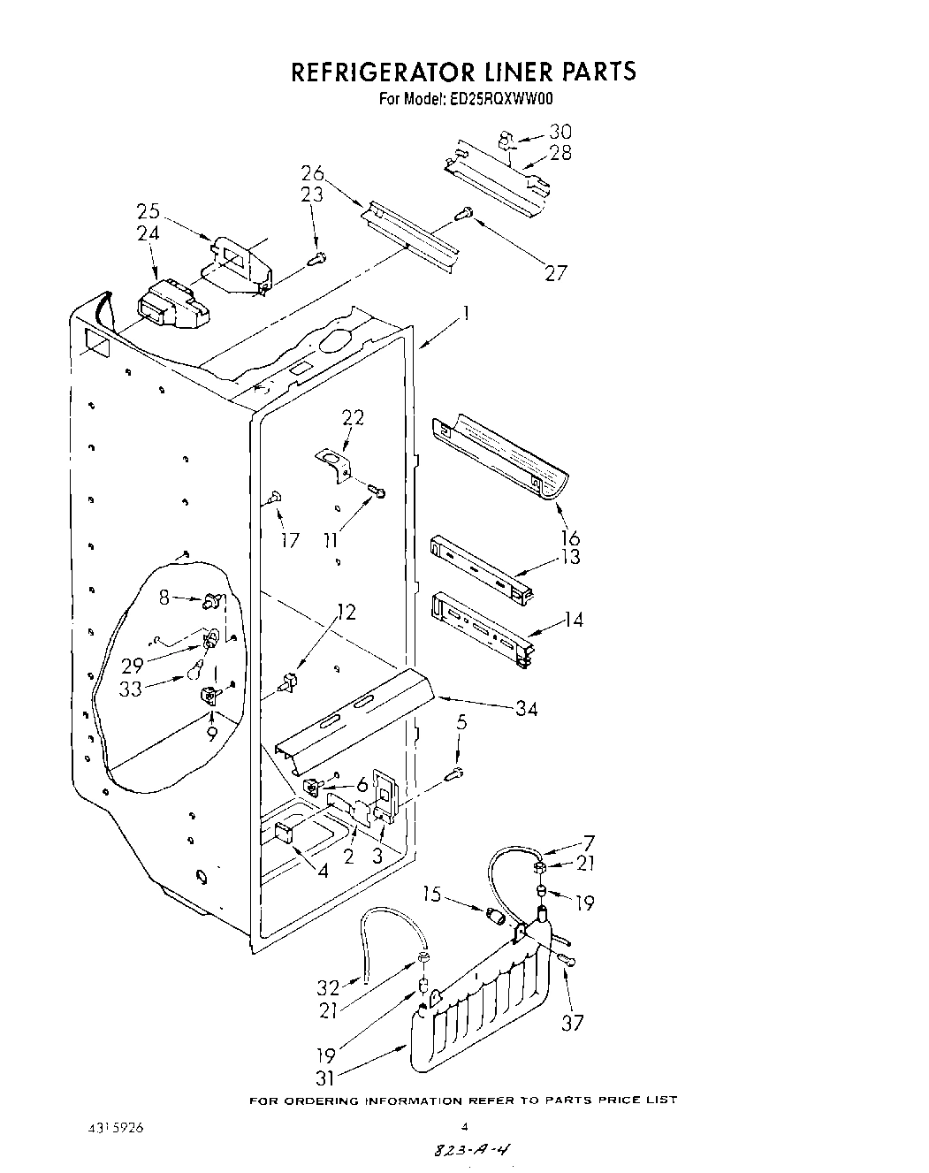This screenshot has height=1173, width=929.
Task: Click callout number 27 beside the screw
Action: (x=555, y=272)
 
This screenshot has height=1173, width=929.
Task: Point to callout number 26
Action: (x=313, y=172)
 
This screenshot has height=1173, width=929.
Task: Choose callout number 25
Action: (x=148, y=212)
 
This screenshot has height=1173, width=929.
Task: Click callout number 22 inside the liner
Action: (x=353, y=417)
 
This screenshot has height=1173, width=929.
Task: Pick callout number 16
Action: (x=569, y=537)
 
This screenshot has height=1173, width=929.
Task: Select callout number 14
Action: (x=573, y=620)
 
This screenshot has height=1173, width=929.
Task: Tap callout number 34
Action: (x=525, y=708)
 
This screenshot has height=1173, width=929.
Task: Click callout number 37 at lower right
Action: (x=574, y=1023)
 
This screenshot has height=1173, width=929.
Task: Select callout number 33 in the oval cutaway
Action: (x=131, y=689)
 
